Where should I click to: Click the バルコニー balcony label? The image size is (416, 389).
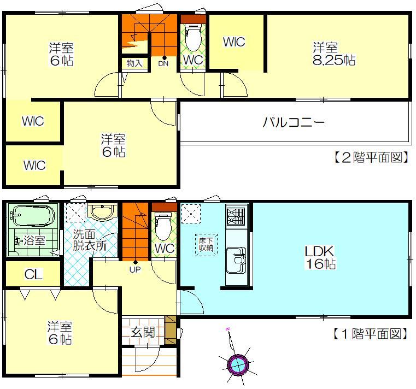(x=294, y=122)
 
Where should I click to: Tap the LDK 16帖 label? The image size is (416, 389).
(x=320, y=257)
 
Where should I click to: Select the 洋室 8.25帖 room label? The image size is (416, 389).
(x=334, y=54)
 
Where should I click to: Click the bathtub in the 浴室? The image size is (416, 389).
(x=32, y=216)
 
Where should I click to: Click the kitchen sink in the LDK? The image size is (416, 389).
(x=236, y=260)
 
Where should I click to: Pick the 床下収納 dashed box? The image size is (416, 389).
(x=206, y=245)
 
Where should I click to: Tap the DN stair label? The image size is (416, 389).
(x=163, y=63)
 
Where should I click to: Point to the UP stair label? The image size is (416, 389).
(x=135, y=270)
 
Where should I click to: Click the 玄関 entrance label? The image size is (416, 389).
(x=143, y=332)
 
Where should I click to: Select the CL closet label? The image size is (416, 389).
(x=33, y=274)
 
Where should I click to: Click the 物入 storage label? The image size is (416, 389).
(x=134, y=63)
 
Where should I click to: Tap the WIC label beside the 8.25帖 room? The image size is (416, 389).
(x=234, y=42)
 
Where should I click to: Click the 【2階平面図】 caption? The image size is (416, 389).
(x=371, y=157)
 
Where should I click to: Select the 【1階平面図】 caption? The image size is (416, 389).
(x=370, y=334)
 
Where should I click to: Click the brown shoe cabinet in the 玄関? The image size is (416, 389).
(x=171, y=330)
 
